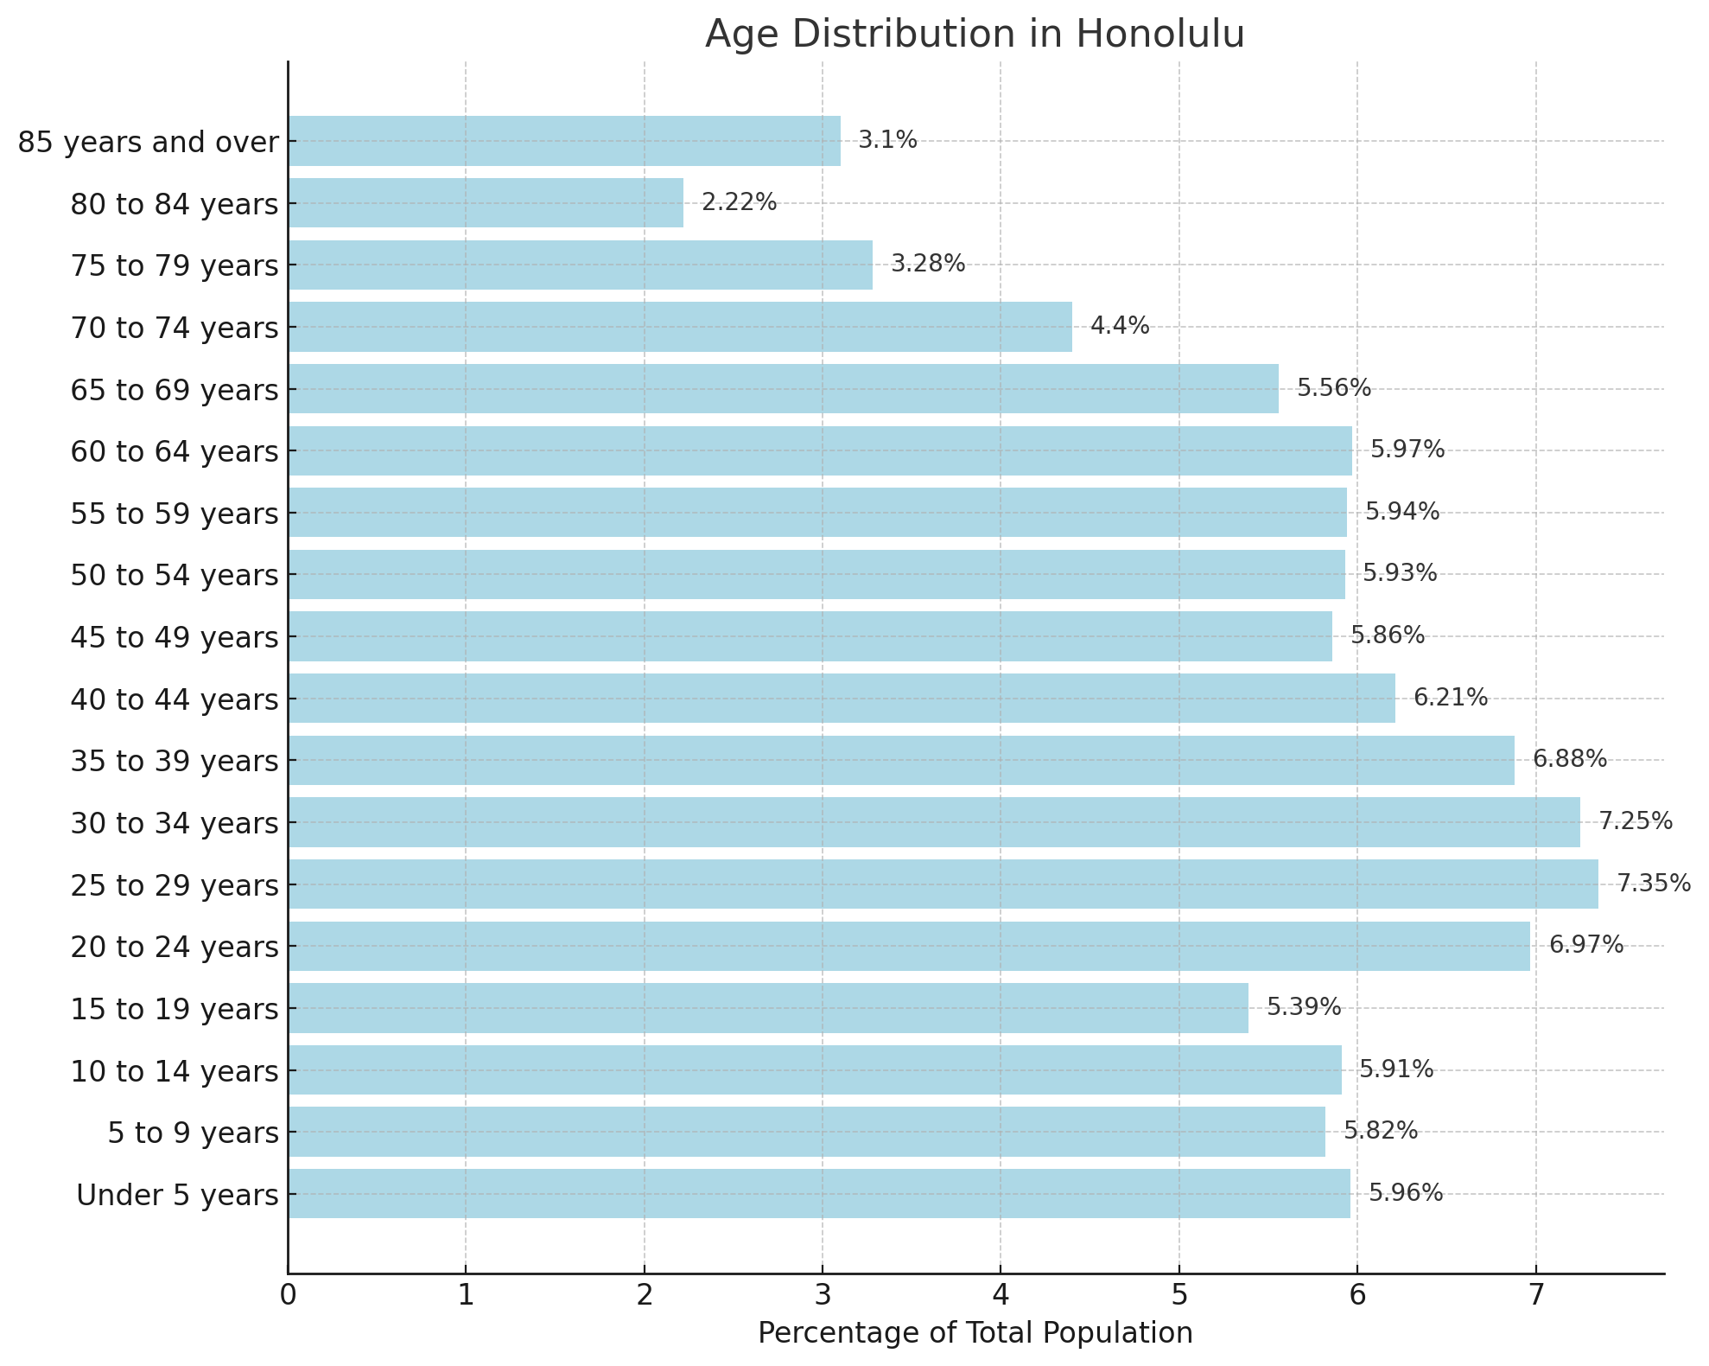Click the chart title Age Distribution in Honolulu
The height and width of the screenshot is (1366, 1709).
975,35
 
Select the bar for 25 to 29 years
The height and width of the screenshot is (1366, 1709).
943,884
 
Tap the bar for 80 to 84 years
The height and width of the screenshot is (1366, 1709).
486,203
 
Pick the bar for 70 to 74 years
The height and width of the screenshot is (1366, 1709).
680,327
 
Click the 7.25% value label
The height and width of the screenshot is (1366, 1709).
1635,821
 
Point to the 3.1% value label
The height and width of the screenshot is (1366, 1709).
886,140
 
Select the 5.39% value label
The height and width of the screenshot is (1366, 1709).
1303,1007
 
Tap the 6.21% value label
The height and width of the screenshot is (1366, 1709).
1450,698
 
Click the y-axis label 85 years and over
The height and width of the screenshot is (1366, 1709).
149,143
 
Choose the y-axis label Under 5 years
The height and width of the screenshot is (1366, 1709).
177,1196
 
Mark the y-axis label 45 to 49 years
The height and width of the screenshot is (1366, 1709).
175,638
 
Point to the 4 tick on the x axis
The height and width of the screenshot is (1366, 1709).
1001,1297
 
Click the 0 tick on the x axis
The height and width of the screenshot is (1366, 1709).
288,1297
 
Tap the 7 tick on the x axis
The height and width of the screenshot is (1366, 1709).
1535,1297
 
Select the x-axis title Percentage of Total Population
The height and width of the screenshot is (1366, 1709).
975,1333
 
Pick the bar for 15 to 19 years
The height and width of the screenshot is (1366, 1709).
768,1007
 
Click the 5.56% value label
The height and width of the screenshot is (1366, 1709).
1333,388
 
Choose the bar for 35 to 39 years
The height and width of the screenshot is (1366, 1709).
901,760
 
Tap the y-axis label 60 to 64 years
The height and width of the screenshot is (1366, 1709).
175,452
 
